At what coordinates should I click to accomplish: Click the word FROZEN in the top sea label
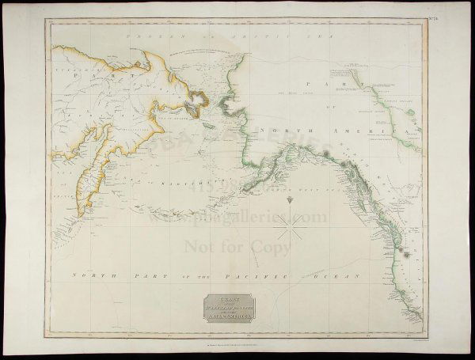(x=131, y=36)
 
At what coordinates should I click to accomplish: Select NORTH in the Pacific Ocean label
(x=87, y=275)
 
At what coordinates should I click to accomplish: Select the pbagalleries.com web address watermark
(x=237, y=215)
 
